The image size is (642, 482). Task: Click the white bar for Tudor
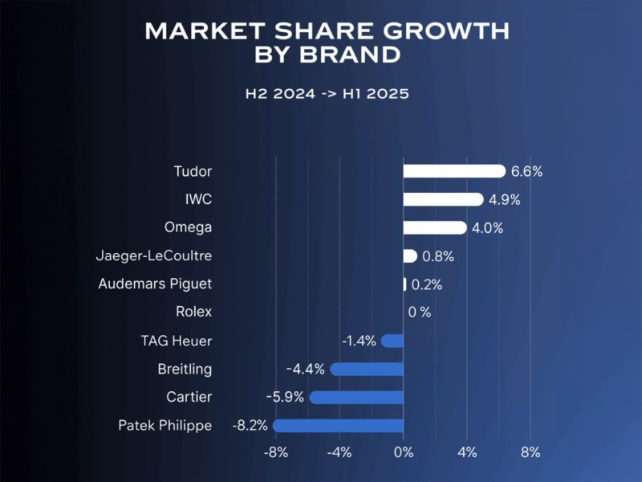[453, 171]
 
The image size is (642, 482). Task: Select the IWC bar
[443, 199]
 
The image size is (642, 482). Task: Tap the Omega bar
[434, 227]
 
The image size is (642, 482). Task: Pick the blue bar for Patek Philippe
[338, 426]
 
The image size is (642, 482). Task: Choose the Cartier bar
[356, 397]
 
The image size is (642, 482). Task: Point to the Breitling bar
[367, 369]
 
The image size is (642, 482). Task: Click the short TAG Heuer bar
[392, 341]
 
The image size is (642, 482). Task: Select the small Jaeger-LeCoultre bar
[409, 256]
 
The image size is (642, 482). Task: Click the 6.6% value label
[527, 171]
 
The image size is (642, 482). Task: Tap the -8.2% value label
[249, 426]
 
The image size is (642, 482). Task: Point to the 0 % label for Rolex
[419, 312]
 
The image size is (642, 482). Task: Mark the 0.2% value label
[427, 284]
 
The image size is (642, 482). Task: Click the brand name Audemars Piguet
[155, 284]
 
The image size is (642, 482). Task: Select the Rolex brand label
[193, 312]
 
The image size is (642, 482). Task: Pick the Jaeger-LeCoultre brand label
[153, 256]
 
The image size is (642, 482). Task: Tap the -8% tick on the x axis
[275, 452]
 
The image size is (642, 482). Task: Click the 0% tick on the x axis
[403, 452]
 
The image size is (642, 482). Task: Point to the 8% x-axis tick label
[530, 452]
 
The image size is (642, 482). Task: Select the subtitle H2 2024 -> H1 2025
[327, 94]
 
